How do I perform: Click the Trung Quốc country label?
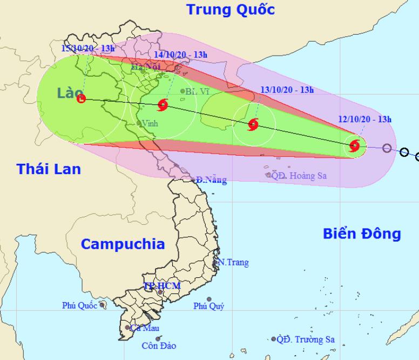click(x=230, y=9)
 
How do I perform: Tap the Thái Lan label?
click(x=49, y=169)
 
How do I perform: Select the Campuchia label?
click(x=123, y=244)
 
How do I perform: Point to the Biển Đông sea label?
click(x=362, y=234)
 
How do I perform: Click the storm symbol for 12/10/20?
click(x=355, y=145)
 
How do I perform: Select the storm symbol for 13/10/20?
click(x=253, y=125)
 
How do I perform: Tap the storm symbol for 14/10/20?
click(x=164, y=104)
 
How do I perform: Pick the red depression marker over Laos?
click(x=81, y=98)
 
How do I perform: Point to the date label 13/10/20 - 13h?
click(x=287, y=90)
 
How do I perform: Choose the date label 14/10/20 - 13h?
click(x=180, y=55)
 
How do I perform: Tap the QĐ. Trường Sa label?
click(x=305, y=339)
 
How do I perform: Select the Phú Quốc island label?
click(x=79, y=306)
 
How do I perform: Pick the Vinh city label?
click(x=150, y=123)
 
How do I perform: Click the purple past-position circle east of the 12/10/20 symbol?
click(x=387, y=148)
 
